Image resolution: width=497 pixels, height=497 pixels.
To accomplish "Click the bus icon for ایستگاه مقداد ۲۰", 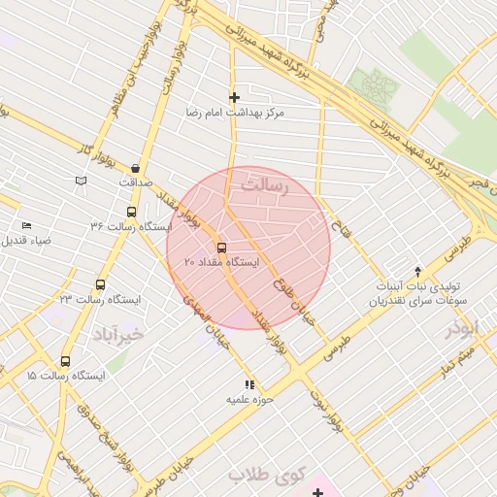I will tap(222, 247).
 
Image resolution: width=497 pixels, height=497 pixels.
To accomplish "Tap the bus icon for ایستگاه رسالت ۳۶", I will tap(132, 212).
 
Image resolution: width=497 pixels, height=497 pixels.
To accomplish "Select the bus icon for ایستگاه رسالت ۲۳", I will tap(100, 285).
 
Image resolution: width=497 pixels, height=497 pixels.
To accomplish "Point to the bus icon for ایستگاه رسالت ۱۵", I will tap(66, 361).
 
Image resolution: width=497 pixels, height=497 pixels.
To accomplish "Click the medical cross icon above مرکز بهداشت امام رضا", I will tap(234, 97).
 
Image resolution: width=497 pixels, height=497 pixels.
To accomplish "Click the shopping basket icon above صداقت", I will tap(135, 167).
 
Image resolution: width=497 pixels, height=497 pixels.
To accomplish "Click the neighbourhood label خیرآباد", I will tap(118, 333).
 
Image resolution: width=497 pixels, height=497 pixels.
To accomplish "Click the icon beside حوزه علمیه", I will tap(249, 384).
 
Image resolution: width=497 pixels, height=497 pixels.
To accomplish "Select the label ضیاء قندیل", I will tap(26, 240).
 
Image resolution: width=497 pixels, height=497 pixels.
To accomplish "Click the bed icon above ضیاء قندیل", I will tap(26, 225).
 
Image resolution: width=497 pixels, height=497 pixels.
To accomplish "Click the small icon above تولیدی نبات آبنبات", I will tap(418, 272).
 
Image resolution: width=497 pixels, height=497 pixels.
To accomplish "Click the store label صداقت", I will tap(137, 182).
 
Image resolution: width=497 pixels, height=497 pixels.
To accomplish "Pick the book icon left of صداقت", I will tap(81, 181).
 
